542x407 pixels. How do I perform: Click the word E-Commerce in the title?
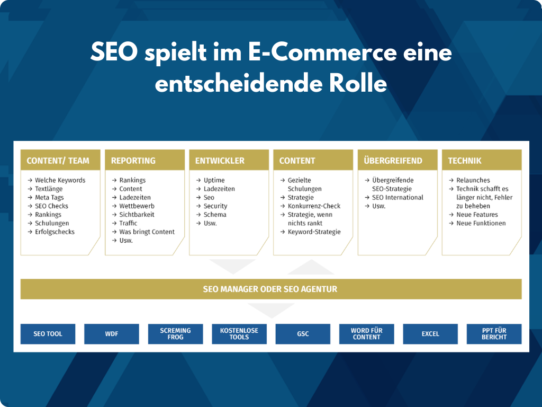pyautogui.click(x=322, y=52)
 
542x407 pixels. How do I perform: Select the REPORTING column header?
pyautogui.click(x=144, y=160)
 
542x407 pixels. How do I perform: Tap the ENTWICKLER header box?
pyautogui.click(x=229, y=160)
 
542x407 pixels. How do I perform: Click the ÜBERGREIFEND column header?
pyautogui.click(x=398, y=160)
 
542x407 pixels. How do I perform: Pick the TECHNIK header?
pyautogui.click(x=482, y=160)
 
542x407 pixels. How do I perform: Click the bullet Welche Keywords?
pyautogui.click(x=56, y=180)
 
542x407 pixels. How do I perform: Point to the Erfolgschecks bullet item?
pyautogui.click(x=51, y=232)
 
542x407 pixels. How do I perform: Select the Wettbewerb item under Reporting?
pyautogui.click(x=133, y=206)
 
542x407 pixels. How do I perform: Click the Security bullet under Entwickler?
pyautogui.click(x=212, y=206)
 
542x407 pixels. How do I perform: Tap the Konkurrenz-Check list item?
pyautogui.click(x=310, y=206)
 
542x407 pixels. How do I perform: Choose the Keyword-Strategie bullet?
pyautogui.click(x=310, y=232)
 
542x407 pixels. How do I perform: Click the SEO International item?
pyautogui.click(x=394, y=197)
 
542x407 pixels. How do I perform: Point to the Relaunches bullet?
pyautogui.click(x=469, y=180)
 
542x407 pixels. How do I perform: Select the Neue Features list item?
pyautogui.click(x=474, y=215)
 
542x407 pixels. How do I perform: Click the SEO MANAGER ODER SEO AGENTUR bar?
pyautogui.click(x=271, y=289)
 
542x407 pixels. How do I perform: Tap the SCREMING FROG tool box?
pyautogui.click(x=175, y=334)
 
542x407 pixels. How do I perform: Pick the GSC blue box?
pyautogui.click(x=303, y=334)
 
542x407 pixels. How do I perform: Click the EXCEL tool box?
pyautogui.click(x=430, y=334)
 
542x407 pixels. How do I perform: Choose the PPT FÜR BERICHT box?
pyautogui.click(x=494, y=334)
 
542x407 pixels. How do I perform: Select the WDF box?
pyautogui.click(x=112, y=334)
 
